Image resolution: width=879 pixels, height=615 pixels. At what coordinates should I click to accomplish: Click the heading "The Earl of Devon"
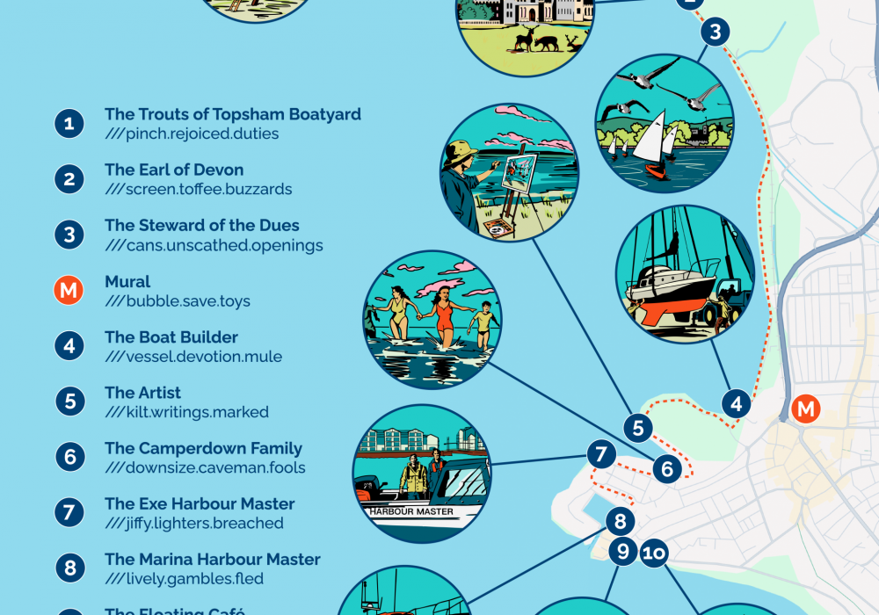pos(174,170)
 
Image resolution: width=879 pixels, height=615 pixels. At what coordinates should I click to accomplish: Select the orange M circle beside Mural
pos(69,290)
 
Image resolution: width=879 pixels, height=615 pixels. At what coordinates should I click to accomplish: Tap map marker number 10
pos(653,553)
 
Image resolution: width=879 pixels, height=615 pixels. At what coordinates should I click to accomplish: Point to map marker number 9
pos(623,552)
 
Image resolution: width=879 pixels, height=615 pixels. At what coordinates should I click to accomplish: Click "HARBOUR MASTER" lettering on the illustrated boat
pos(411,511)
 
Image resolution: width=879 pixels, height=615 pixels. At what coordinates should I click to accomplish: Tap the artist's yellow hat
pos(461,151)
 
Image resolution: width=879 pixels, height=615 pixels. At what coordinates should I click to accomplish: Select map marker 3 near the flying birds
pos(716,33)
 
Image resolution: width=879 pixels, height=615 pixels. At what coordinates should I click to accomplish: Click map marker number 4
pos(737,404)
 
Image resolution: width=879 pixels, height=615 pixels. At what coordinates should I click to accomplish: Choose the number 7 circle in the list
pos(69,512)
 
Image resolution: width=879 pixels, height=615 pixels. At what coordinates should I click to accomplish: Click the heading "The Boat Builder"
pos(171,336)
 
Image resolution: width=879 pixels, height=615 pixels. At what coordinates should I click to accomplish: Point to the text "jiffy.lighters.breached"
pos(194,524)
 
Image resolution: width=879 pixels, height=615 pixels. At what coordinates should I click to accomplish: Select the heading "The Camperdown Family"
pos(203,448)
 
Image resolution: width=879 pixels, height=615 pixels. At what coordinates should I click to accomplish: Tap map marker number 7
pos(601,454)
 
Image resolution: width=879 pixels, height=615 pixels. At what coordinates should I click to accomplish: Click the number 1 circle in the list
pos(69,123)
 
